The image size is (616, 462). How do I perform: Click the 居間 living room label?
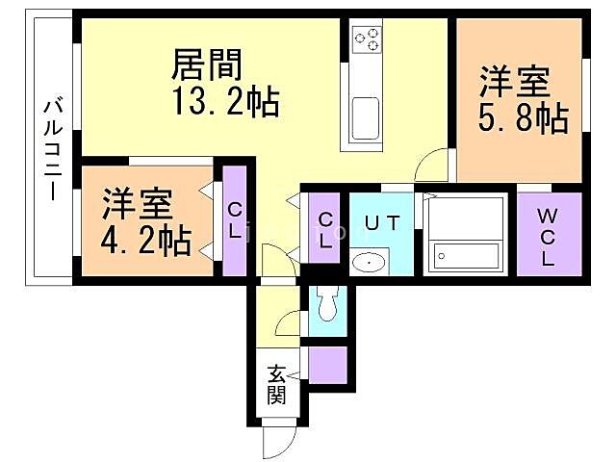pos(206,64)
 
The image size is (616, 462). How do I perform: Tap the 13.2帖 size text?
pos(225,100)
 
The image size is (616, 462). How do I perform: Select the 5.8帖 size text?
pos(522,118)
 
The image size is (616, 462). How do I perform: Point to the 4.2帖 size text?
pos(145,240)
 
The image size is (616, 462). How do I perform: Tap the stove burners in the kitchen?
pos(367,39)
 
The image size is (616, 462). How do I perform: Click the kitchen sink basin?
pos(367,119)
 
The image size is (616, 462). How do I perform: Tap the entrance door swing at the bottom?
pos(279,442)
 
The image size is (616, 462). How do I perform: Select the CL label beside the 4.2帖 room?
pos(235,221)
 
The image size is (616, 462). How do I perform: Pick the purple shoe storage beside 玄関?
pos(326,365)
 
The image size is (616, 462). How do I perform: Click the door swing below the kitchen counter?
pos(430,167)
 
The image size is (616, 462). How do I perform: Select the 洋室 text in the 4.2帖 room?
pos(138,204)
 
